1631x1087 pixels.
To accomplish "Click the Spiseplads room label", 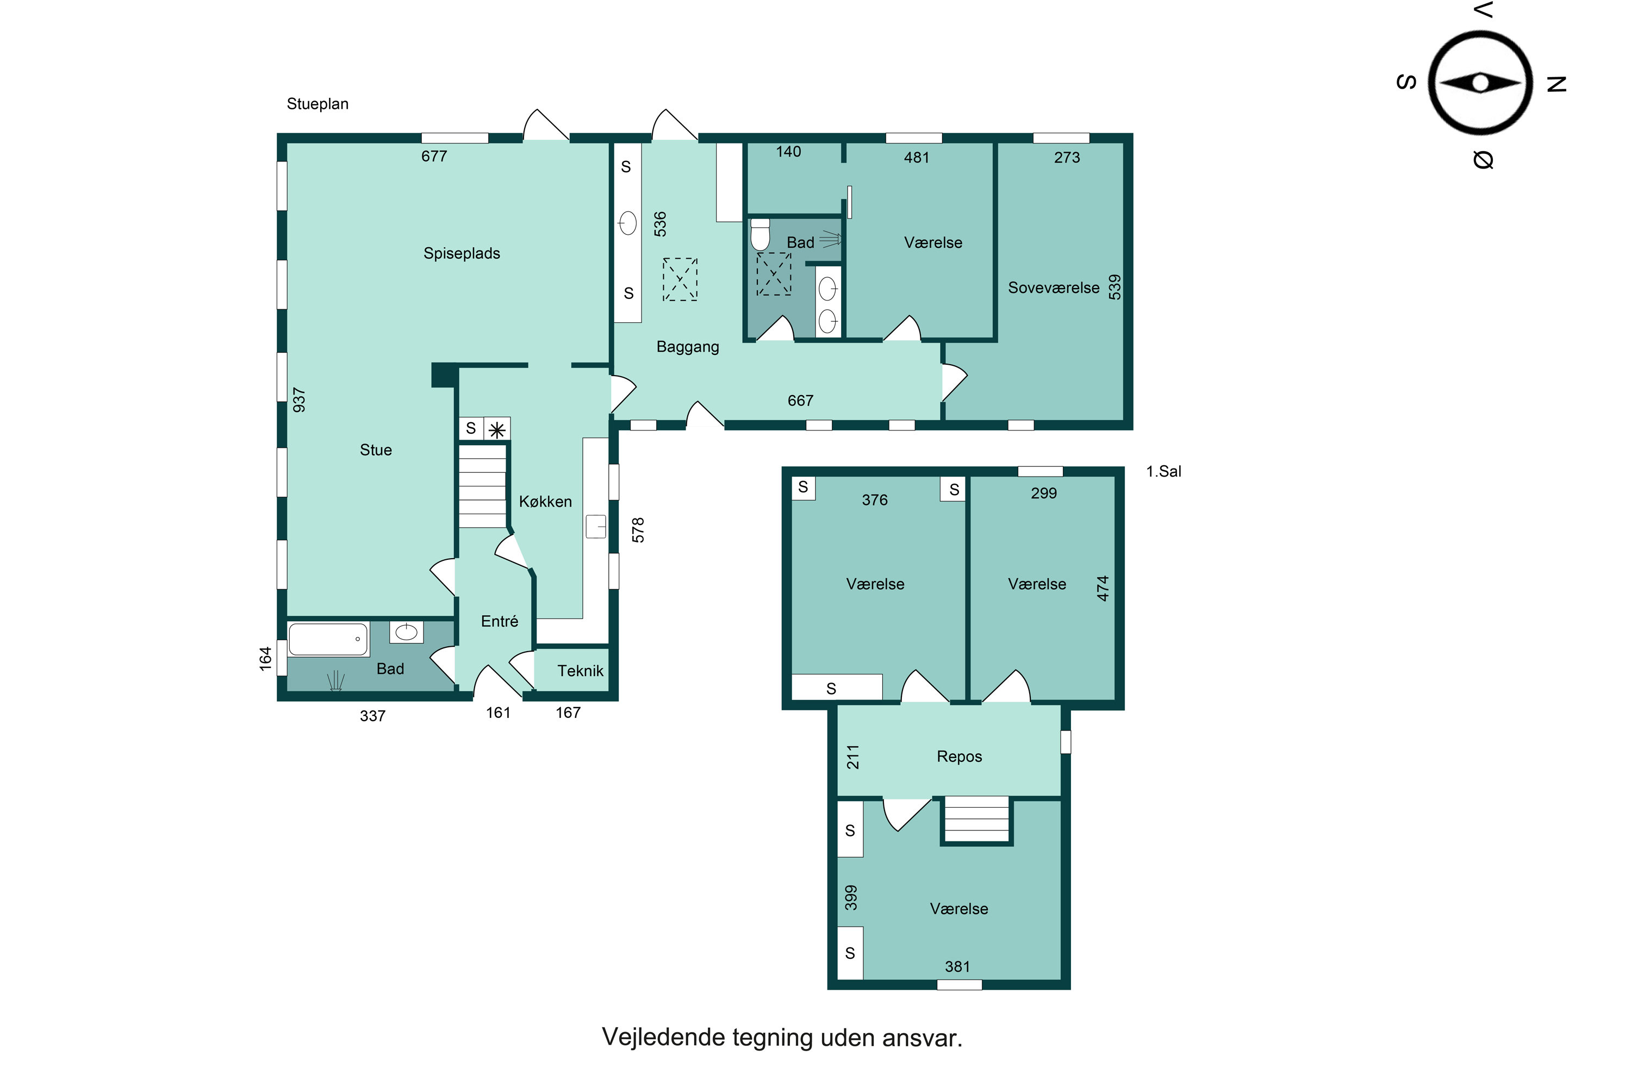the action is (x=462, y=254).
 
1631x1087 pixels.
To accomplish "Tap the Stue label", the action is (x=376, y=450).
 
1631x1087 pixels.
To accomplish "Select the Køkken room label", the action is (x=546, y=501).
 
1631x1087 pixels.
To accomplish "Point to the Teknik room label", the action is (x=581, y=670).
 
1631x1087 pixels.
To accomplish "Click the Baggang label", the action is (x=688, y=347).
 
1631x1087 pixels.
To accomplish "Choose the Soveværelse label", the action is (x=1054, y=288).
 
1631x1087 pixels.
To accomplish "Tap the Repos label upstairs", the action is (x=959, y=757).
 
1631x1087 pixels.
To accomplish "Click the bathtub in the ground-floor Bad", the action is (x=328, y=639).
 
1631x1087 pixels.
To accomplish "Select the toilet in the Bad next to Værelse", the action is (x=761, y=234).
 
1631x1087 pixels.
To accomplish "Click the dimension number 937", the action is (x=299, y=400).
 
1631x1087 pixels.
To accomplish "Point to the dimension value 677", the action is (x=434, y=156).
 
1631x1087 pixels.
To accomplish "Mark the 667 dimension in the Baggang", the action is (x=800, y=401).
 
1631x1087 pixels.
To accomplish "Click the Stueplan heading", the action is (x=318, y=104).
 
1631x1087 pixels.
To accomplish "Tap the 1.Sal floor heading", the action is (x=1163, y=471).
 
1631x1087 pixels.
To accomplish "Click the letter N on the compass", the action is (x=1557, y=84).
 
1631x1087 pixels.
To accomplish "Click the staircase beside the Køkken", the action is (x=483, y=486).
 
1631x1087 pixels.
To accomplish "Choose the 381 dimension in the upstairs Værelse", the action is (x=957, y=966).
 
